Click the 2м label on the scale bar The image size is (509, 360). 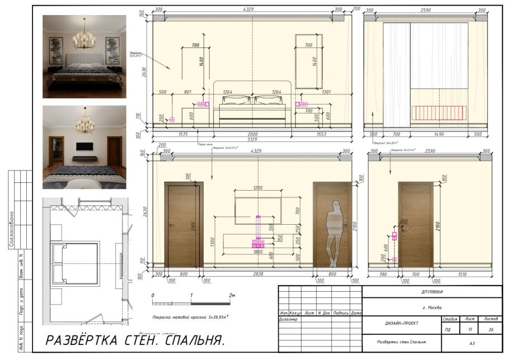[232, 295]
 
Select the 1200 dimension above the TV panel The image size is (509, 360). [258, 187]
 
